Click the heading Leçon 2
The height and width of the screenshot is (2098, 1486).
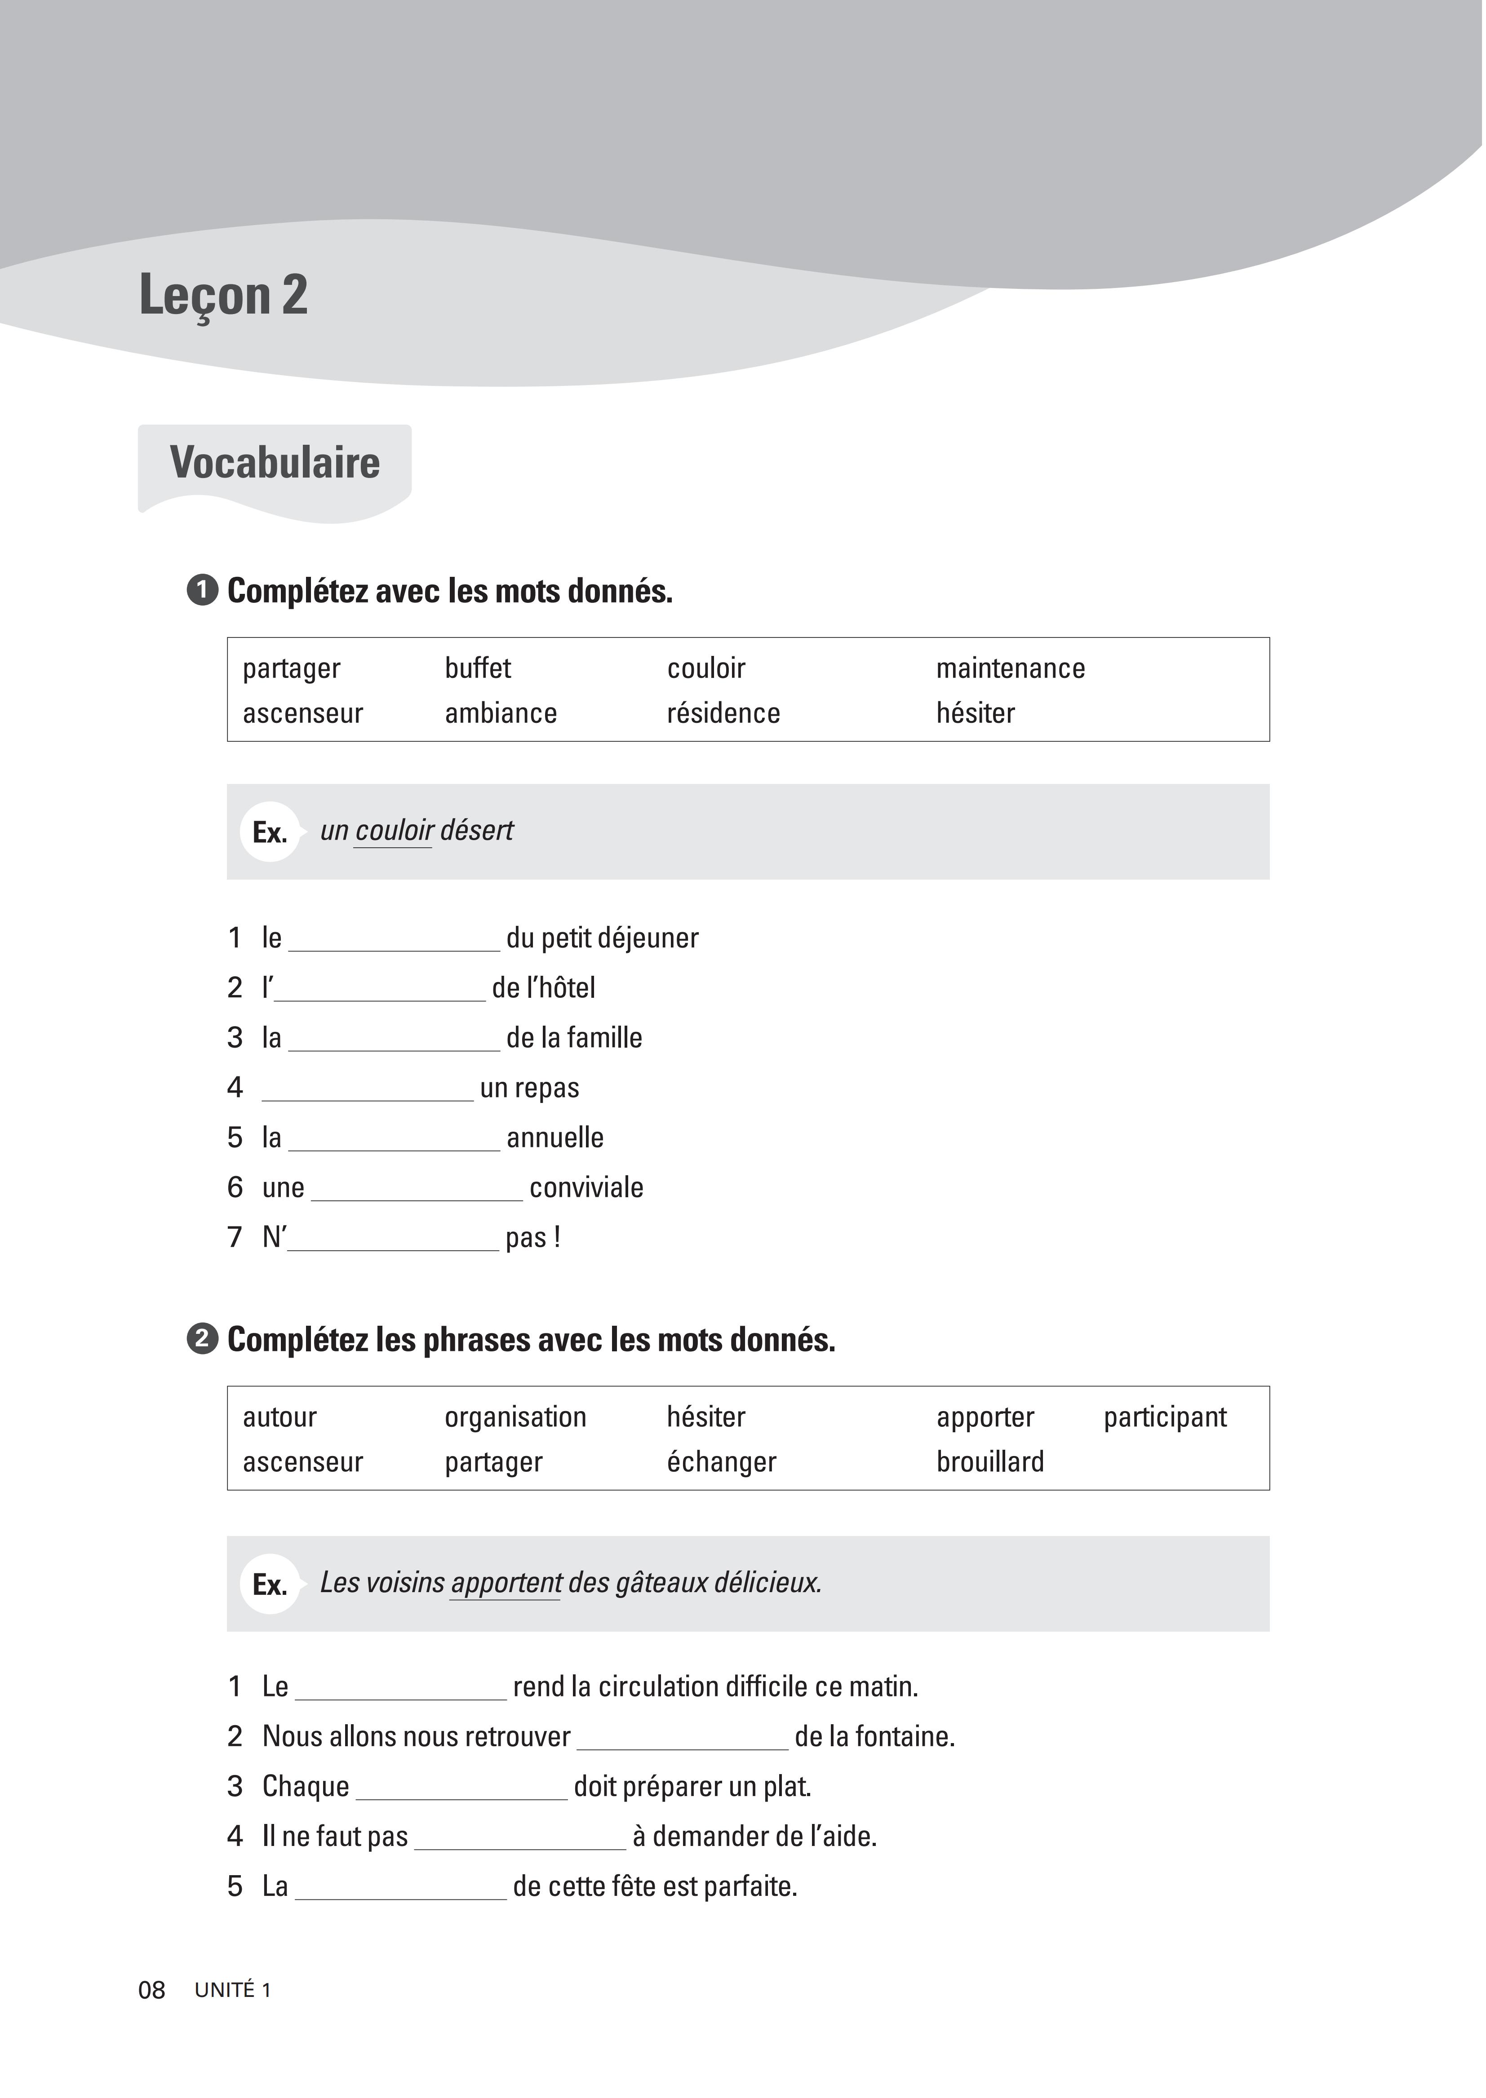point(223,296)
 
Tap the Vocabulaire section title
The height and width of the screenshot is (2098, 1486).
point(275,463)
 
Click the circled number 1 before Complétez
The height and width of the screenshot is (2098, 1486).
point(202,591)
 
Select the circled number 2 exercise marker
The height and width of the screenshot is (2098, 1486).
point(202,1340)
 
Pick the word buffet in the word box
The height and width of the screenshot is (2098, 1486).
point(478,668)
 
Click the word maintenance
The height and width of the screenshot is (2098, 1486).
point(1010,668)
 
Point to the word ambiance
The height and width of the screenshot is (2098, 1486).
point(501,713)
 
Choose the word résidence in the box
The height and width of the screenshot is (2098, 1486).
point(723,713)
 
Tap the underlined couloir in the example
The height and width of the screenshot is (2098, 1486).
point(394,830)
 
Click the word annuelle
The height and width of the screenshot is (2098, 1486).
point(554,1138)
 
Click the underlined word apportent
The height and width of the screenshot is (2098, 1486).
point(506,1583)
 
